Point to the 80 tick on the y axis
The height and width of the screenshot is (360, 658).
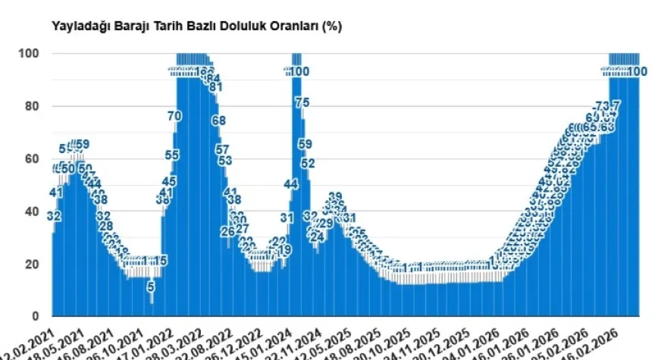point(32,106)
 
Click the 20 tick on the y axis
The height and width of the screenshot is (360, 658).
point(32,264)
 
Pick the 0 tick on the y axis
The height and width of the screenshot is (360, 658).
point(36,316)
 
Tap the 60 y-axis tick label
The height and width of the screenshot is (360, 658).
point(32,159)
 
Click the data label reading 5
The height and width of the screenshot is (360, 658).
point(151,286)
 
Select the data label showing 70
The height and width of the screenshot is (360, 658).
point(174,116)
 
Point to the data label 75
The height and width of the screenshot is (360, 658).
point(302,103)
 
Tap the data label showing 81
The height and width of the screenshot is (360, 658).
point(215,86)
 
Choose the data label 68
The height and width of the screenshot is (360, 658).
point(218,121)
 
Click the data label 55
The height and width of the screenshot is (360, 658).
point(172,155)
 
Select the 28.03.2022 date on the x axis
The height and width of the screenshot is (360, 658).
point(184,343)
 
